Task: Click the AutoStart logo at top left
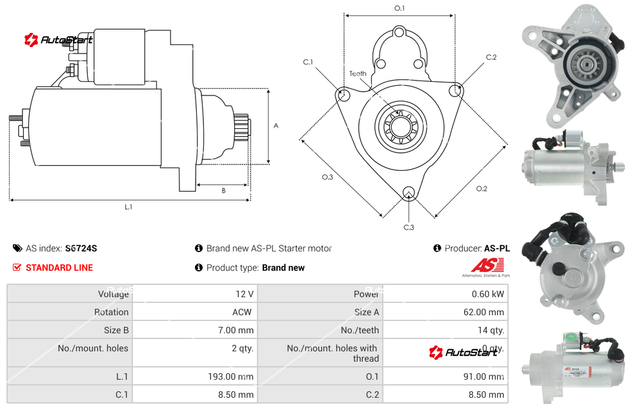tap(58, 40)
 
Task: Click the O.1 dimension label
tap(399, 8)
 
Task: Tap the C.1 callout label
tap(308, 62)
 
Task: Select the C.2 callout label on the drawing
tap(491, 57)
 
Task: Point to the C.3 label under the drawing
tap(408, 227)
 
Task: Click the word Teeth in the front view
tap(358, 73)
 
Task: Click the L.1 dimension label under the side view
tap(128, 207)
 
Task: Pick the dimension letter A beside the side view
tap(276, 126)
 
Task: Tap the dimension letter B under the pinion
tap(223, 191)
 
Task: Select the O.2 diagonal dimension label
tap(482, 188)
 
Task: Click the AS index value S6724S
tap(81, 248)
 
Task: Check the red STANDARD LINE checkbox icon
tap(17, 268)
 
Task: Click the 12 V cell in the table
tap(244, 294)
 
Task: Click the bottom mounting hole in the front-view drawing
tap(408, 192)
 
